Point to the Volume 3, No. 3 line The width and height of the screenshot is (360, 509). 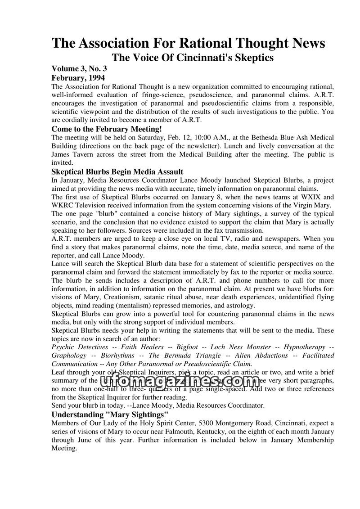point(79,69)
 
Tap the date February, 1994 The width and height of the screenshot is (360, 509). point(78,77)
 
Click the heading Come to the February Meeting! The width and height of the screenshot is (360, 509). point(106,129)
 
